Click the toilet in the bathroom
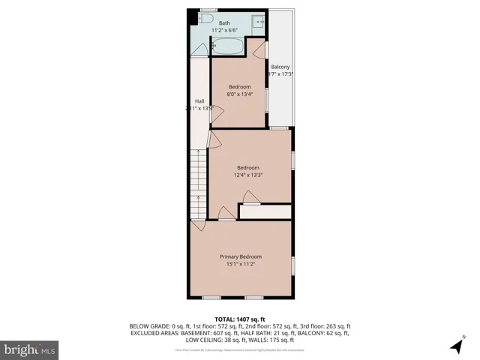[208, 20]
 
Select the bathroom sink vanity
[258, 22]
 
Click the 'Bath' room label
[224, 23]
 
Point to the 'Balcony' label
[280, 67]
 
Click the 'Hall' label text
[199, 101]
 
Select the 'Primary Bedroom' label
[240, 256]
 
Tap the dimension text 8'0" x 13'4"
[239, 94]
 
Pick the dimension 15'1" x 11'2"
[240, 264]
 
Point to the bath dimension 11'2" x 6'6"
[224, 31]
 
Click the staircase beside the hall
[197, 184]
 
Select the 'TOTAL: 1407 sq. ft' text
[240, 319]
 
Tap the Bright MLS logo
[29, 349]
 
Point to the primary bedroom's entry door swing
[198, 225]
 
